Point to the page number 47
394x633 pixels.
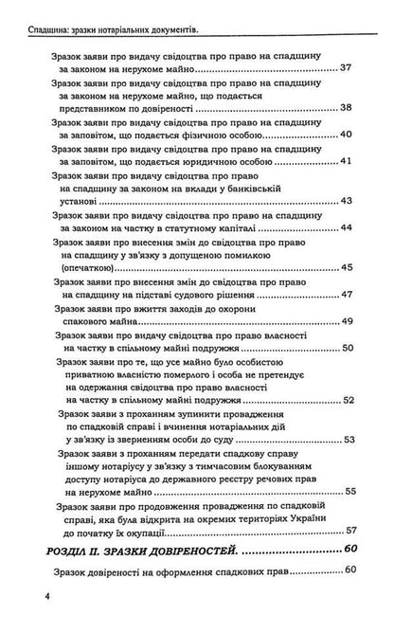click(x=347, y=294)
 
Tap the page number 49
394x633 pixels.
click(x=347, y=322)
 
